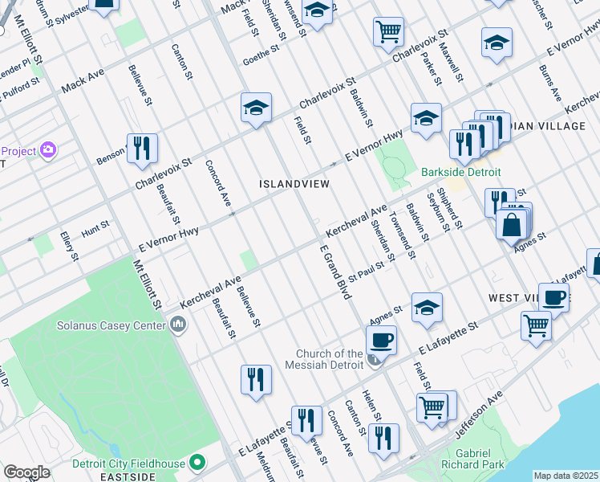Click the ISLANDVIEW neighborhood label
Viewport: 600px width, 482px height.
(x=294, y=184)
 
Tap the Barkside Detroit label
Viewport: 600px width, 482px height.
(x=461, y=172)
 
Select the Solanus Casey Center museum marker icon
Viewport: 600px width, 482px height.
(x=177, y=325)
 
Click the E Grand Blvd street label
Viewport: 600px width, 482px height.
(x=337, y=273)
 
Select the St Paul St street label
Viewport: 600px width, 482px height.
(x=371, y=270)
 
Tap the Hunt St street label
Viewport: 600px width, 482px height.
(x=95, y=229)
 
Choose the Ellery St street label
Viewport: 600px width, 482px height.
(x=70, y=247)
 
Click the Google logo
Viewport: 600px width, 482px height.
(x=26, y=472)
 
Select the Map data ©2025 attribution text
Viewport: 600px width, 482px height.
(x=565, y=476)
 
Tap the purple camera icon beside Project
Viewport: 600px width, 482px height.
(x=48, y=150)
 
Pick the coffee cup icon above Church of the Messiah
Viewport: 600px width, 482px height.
(x=381, y=339)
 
